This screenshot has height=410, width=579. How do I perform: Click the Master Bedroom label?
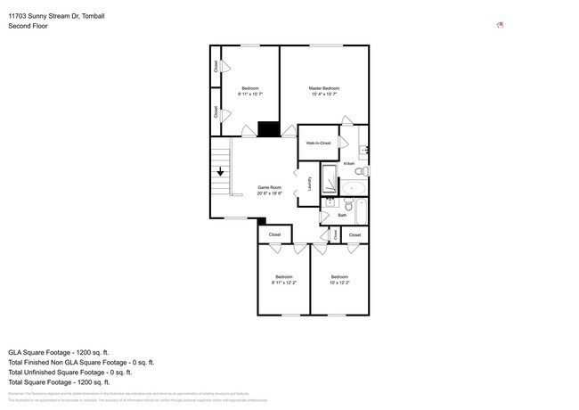click(324, 88)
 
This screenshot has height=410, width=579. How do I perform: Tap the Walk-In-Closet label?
click(318, 143)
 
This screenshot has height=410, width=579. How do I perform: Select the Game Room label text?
click(270, 187)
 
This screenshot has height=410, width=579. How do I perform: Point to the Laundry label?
click(309, 183)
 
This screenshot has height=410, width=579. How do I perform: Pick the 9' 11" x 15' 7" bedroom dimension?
click(250, 94)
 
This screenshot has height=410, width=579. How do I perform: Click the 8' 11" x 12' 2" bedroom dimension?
click(283, 282)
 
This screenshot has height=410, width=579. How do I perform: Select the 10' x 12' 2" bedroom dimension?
click(338, 282)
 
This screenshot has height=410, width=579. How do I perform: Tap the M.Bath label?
click(349, 162)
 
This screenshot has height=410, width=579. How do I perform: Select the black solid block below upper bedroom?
click(268, 130)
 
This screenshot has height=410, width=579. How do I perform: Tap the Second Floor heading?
click(28, 26)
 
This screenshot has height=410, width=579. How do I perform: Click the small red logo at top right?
click(500, 25)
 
